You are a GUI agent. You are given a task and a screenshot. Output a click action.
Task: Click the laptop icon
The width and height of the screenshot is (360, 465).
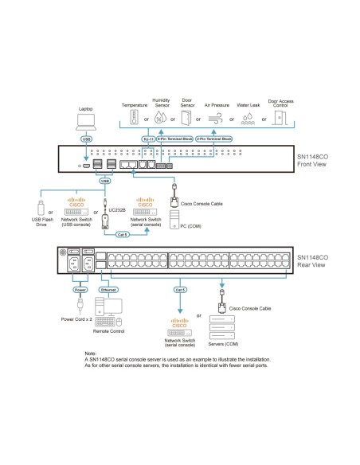pos(85,121)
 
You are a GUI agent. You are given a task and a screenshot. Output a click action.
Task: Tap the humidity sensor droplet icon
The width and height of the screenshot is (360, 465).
pos(162,119)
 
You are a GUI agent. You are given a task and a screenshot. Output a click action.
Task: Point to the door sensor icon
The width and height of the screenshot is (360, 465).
pos(187,119)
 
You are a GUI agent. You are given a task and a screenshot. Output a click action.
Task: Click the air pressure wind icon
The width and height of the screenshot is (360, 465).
pos(217,119)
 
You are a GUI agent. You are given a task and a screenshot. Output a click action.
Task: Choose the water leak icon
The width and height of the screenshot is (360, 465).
pos(248,119)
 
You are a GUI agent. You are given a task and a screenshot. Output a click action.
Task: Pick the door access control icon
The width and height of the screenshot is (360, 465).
pos(280,119)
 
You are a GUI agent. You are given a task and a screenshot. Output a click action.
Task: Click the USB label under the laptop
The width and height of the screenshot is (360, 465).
pos(85,138)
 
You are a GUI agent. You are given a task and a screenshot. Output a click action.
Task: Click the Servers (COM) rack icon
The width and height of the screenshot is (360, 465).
pos(220,324)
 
